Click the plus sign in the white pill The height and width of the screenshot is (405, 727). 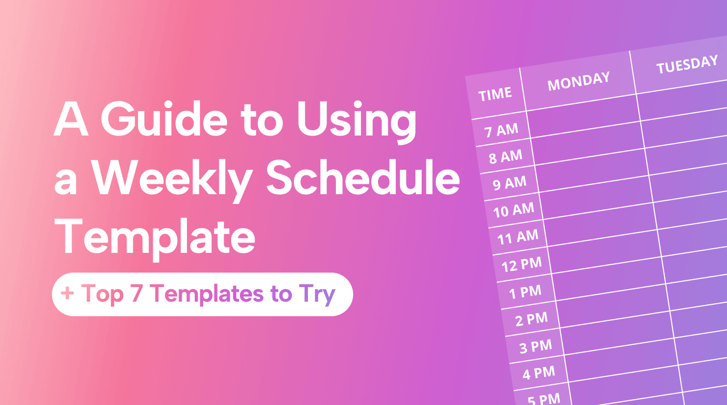pos(67,294)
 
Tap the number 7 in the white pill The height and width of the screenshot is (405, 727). pos(139,294)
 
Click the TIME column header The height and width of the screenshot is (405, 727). pos(495,95)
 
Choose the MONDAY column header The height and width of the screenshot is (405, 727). pos(578,82)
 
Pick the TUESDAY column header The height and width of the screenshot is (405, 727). pos(686,65)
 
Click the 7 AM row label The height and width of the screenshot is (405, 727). pos(502,130)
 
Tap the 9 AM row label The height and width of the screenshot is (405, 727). pos(509,183)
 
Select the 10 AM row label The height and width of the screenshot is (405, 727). pos(514,210)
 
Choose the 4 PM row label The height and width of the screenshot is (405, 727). pos(538,373)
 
